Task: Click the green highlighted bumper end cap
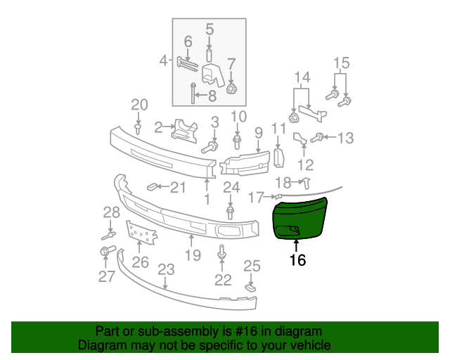[x=300, y=219]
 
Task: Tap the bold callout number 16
[x=297, y=260]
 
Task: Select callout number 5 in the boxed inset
[x=210, y=30]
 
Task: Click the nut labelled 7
[x=231, y=89]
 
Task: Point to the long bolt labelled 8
[x=193, y=94]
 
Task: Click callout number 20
[x=139, y=105]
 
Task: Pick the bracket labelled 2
[x=185, y=130]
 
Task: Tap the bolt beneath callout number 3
[x=210, y=147]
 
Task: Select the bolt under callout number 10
[x=237, y=142]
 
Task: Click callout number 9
[x=259, y=133]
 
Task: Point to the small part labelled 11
[x=278, y=157]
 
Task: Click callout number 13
[x=345, y=138]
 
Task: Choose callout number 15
[x=342, y=63]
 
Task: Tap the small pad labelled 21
[x=151, y=188]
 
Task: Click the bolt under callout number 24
[x=230, y=213]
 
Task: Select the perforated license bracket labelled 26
[x=141, y=233]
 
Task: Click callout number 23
[x=166, y=269]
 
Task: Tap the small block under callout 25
[x=250, y=288]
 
